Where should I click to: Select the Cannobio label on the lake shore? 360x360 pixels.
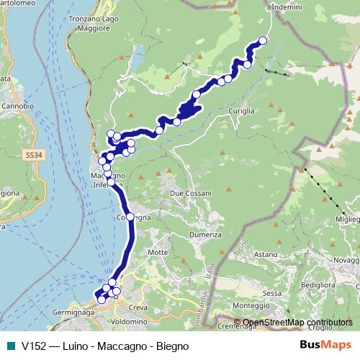[17, 106]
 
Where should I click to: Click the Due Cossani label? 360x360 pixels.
[190, 193]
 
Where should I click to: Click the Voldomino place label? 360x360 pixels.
[129, 320]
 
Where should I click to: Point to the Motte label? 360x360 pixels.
[157, 252]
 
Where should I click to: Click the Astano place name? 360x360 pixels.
[265, 254]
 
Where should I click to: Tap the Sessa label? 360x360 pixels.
[271, 293]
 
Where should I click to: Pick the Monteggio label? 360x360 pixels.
[248, 305]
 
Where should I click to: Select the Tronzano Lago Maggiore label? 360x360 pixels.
[99, 24]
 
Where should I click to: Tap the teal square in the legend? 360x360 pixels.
[9, 346]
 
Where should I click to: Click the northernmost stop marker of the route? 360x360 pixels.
[262, 40]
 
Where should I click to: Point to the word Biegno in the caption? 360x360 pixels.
[173, 346]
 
